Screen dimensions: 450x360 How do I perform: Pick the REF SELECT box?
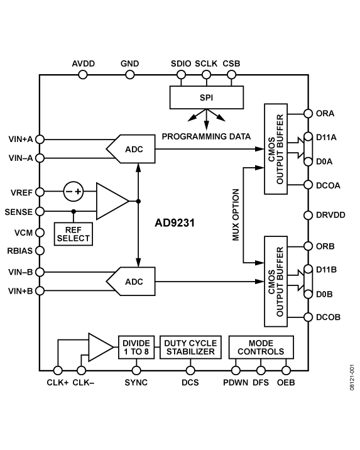click(73, 234)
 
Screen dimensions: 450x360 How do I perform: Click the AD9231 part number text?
click(174, 222)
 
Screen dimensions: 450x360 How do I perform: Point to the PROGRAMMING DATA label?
click(206, 136)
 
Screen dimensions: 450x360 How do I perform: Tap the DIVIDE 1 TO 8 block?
click(136, 347)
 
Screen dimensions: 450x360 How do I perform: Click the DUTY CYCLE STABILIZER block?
click(190, 347)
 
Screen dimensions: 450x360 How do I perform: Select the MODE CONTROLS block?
click(261, 347)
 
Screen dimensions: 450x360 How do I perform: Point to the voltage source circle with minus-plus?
click(74, 191)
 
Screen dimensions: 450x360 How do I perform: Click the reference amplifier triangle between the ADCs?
click(111, 201)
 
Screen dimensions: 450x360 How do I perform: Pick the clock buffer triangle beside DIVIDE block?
click(99, 347)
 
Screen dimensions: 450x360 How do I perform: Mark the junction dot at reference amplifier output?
click(138, 201)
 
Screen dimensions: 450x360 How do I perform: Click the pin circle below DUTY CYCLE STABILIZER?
click(190, 370)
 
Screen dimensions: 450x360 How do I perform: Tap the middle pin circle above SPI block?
click(206, 75)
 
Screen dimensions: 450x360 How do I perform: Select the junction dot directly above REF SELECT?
click(74, 211)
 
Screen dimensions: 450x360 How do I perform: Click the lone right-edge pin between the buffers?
click(308, 215)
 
